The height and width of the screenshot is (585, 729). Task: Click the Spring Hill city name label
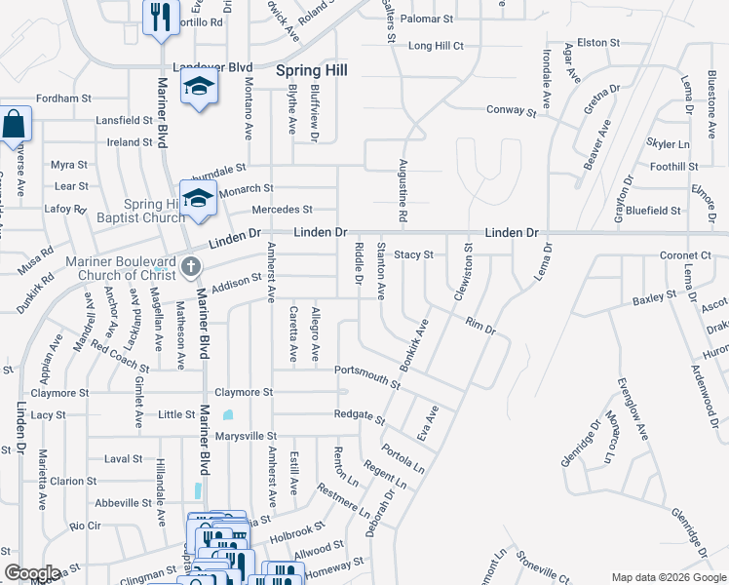312,70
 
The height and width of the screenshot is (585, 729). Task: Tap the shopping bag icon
14,125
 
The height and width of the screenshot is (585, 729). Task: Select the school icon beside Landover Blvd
200,89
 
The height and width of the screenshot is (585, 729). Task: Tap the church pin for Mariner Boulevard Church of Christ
191,265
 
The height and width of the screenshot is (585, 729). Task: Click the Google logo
32,573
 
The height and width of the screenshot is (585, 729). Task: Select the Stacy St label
413,254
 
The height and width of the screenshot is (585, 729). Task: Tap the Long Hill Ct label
436,45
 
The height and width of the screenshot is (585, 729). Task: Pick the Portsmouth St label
366,375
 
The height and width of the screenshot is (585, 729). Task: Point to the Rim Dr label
480,328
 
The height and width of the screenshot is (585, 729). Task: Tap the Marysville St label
250,436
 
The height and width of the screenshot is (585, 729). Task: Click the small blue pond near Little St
228,414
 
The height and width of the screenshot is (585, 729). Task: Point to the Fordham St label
63,98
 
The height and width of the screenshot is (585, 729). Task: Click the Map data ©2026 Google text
668,577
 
